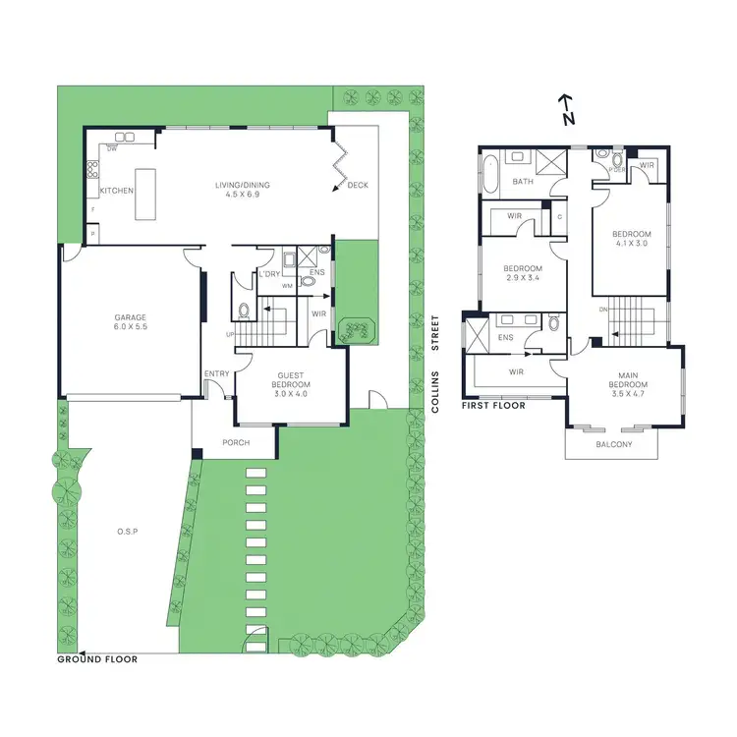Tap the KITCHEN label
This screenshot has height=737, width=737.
click(x=116, y=191)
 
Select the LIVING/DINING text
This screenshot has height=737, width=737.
click(x=243, y=185)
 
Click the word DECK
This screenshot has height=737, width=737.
click(x=358, y=185)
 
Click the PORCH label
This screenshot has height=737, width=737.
click(x=235, y=442)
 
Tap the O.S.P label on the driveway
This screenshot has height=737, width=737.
click(x=127, y=532)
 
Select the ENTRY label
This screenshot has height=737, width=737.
click(x=216, y=373)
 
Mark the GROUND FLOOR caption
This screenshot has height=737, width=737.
click(x=97, y=659)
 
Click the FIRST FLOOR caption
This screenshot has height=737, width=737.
click(x=494, y=405)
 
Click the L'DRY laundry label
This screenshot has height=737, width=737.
click(x=268, y=273)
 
